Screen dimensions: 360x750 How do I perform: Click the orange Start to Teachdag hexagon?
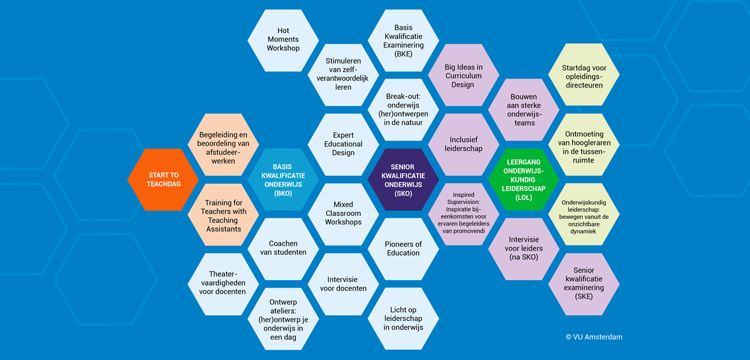pyautogui.click(x=163, y=179)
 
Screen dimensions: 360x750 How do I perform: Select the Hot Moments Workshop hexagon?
pyautogui.click(x=283, y=40)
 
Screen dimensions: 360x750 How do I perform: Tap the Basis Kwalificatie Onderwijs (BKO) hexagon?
pyautogui.click(x=283, y=180)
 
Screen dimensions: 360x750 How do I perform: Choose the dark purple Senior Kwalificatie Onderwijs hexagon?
pyautogui.click(x=403, y=180)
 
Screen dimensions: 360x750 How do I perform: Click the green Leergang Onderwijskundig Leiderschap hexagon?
pyautogui.click(x=523, y=179)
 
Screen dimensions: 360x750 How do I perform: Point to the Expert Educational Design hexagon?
pyautogui.click(x=343, y=145)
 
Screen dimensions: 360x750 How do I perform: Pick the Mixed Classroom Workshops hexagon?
pyautogui.click(x=343, y=214)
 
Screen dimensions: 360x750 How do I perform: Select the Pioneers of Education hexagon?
pyautogui.click(x=403, y=248)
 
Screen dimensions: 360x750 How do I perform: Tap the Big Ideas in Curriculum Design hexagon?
pyautogui.click(x=463, y=75)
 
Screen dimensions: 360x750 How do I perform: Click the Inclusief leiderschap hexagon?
pyautogui.click(x=463, y=145)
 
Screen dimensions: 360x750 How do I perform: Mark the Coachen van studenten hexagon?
pyautogui.click(x=283, y=248)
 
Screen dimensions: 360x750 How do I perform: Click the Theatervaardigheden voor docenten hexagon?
pyautogui.click(x=223, y=283)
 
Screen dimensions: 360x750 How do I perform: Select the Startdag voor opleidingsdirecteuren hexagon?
pyautogui.click(x=584, y=74)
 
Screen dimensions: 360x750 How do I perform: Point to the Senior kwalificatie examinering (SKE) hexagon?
pyautogui.click(x=584, y=284)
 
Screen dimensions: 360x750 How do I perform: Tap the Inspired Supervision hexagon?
pyautogui.click(x=463, y=214)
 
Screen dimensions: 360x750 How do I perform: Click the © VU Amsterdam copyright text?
pyautogui.click(x=594, y=337)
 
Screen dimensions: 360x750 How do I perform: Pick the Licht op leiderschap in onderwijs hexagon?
pyautogui.click(x=403, y=319)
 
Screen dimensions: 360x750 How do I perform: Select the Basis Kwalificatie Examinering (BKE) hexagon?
pyautogui.click(x=403, y=41)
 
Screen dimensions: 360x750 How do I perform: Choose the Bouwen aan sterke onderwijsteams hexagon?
pyautogui.click(x=523, y=110)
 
